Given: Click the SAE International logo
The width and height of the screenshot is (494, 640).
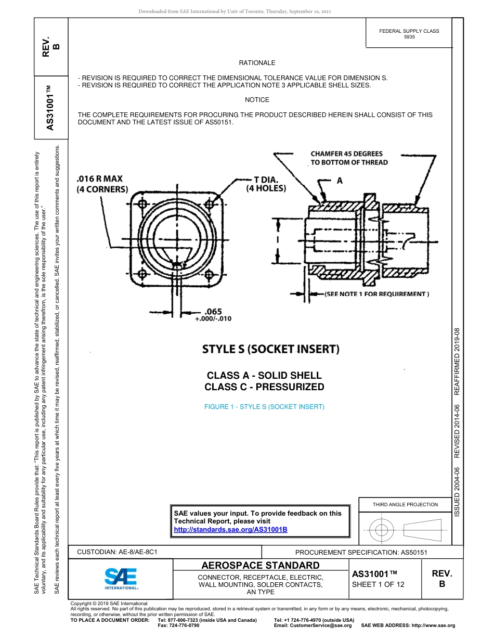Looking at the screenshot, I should (x=121, y=578).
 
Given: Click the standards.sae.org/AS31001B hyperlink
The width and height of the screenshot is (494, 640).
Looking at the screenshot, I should (x=230, y=529).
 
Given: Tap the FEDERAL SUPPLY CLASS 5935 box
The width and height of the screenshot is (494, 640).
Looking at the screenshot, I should (x=409, y=34).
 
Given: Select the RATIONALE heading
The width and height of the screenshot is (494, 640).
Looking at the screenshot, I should (x=257, y=63).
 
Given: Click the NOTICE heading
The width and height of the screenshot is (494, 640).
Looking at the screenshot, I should (x=257, y=100).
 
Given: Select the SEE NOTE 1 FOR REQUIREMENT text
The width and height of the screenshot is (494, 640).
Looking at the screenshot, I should (x=377, y=294).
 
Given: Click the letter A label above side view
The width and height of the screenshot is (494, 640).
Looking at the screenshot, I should (x=340, y=181).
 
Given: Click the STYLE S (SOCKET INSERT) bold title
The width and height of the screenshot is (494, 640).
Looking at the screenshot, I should (x=270, y=349).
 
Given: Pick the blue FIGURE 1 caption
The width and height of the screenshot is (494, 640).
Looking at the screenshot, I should (x=264, y=407).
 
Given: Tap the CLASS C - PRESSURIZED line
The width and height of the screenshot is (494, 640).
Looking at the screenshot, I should (x=264, y=387).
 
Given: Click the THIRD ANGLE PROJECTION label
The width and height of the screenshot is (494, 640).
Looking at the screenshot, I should (x=405, y=504).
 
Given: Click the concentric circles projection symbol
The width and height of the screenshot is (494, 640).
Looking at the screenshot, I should (x=382, y=530).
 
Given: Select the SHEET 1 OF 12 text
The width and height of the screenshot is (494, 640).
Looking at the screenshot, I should (x=378, y=584).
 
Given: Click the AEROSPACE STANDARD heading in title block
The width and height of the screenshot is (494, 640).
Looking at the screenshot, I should (x=261, y=566).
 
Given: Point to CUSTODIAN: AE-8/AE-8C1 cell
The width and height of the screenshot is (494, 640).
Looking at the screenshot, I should (x=117, y=552).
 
